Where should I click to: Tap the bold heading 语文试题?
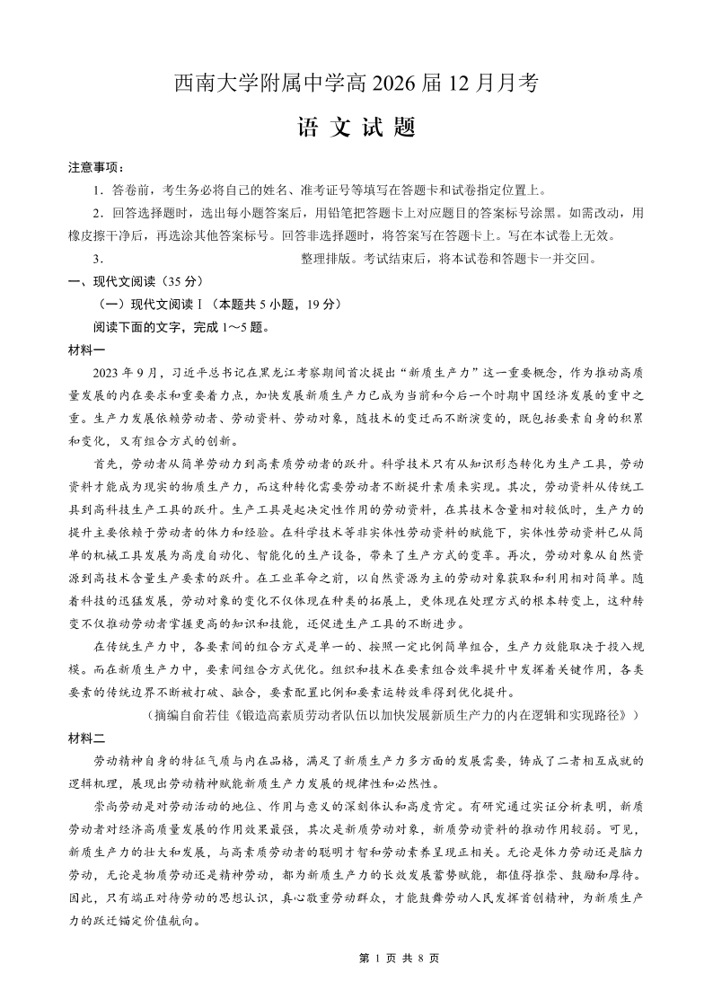click(x=356, y=128)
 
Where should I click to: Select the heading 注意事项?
click(x=97, y=167)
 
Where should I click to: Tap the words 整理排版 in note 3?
click(x=327, y=259)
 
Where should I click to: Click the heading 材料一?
click(x=86, y=349)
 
